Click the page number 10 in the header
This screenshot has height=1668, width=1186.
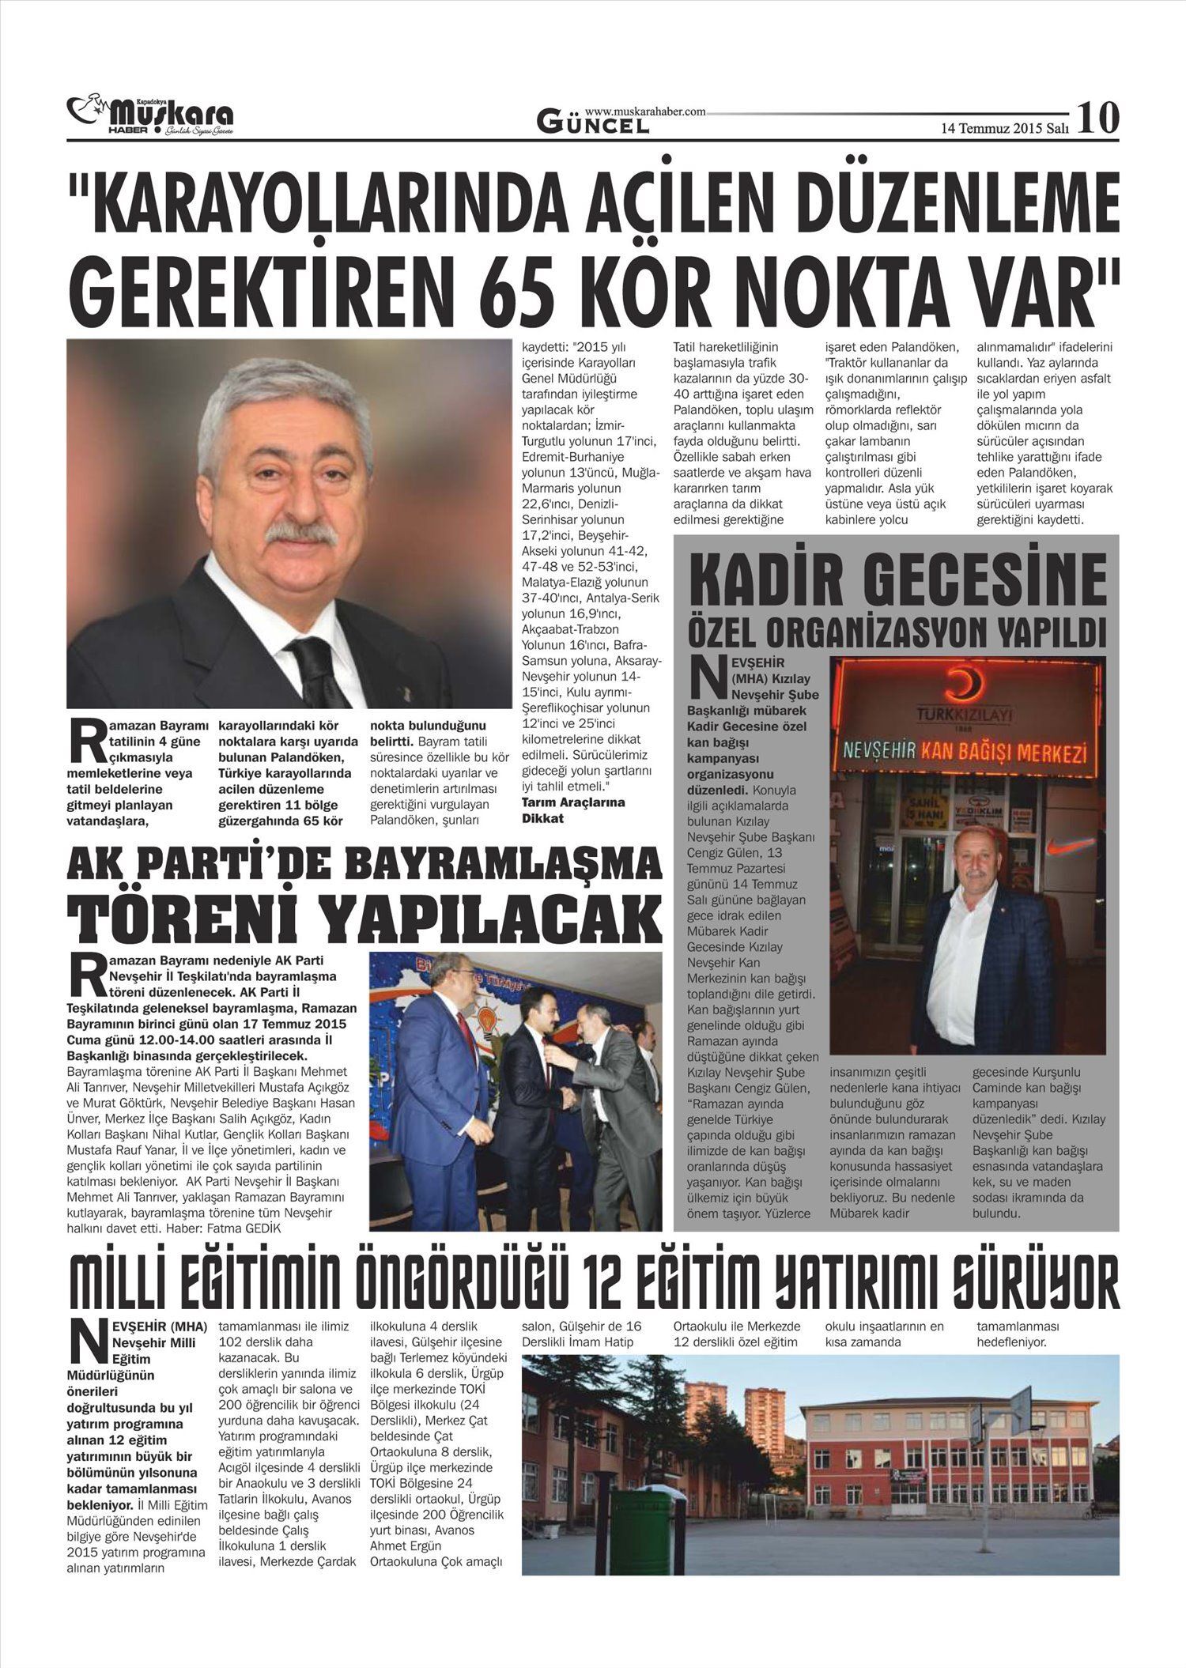(1098, 117)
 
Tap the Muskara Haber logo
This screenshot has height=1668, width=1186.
(150, 117)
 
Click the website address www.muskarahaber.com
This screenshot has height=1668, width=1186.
(645, 112)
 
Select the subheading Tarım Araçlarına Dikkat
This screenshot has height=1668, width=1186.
(573, 809)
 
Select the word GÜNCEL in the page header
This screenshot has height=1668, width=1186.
(593, 123)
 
